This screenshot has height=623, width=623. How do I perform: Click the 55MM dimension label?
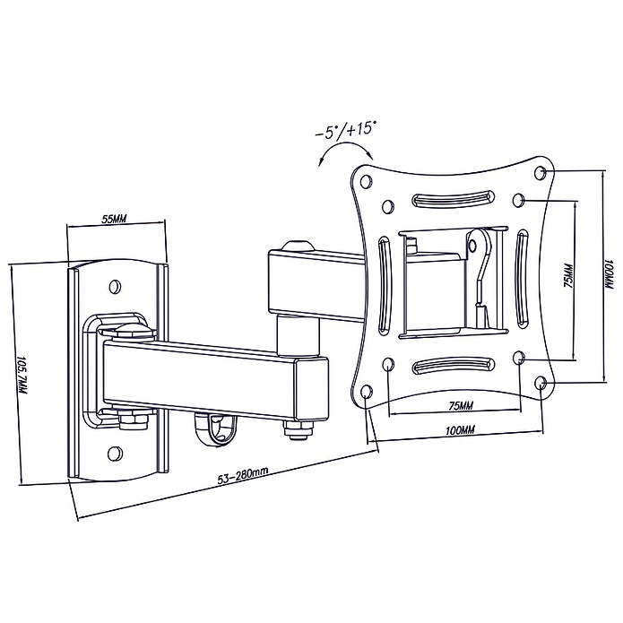point(114,219)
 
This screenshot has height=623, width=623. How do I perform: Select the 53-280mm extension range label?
point(242,475)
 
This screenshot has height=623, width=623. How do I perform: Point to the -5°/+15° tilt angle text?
point(345,129)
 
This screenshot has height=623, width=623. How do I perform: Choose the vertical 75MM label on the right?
point(569,276)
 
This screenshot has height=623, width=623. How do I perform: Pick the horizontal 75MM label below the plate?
point(461,406)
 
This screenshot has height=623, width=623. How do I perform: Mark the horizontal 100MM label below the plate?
point(460,430)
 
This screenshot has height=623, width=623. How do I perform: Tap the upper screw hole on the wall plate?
point(115,286)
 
